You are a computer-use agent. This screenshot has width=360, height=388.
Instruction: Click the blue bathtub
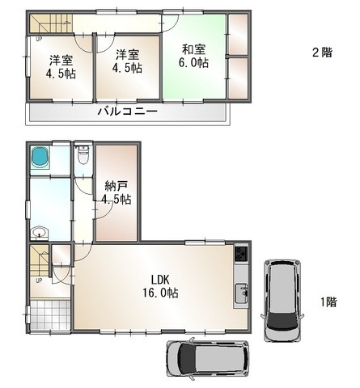[x=40, y=157]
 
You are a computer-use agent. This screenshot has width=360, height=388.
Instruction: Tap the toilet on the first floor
[x=83, y=155]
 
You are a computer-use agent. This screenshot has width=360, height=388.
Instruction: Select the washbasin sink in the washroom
[x=40, y=234]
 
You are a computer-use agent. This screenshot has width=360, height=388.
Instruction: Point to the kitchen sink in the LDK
[x=241, y=293]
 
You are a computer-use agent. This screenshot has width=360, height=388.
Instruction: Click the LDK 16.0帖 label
[x=161, y=286]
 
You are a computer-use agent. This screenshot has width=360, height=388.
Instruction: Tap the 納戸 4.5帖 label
[x=116, y=192]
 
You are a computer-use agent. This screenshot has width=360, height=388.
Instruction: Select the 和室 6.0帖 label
[x=193, y=56]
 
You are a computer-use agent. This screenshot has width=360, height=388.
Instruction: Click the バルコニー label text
[x=128, y=111]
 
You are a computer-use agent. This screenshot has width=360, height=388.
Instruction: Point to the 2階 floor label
[x=322, y=52]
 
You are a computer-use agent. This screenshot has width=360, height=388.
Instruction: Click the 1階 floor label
[x=328, y=302]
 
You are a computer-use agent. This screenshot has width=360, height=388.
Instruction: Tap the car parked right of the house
[x=282, y=301]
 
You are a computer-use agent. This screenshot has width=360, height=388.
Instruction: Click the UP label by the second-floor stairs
[x=39, y=40]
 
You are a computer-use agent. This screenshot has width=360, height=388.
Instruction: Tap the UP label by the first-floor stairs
[x=39, y=280]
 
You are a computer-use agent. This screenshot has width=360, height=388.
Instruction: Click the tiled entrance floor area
[x=50, y=314]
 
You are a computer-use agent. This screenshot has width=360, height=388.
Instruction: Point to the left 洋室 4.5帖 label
[x=61, y=67]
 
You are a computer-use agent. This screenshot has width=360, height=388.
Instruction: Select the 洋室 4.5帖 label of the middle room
[x=127, y=61]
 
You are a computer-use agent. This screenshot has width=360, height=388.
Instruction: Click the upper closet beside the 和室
[x=238, y=34]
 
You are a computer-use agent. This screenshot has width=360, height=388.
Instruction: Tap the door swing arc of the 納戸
[x=105, y=213]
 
